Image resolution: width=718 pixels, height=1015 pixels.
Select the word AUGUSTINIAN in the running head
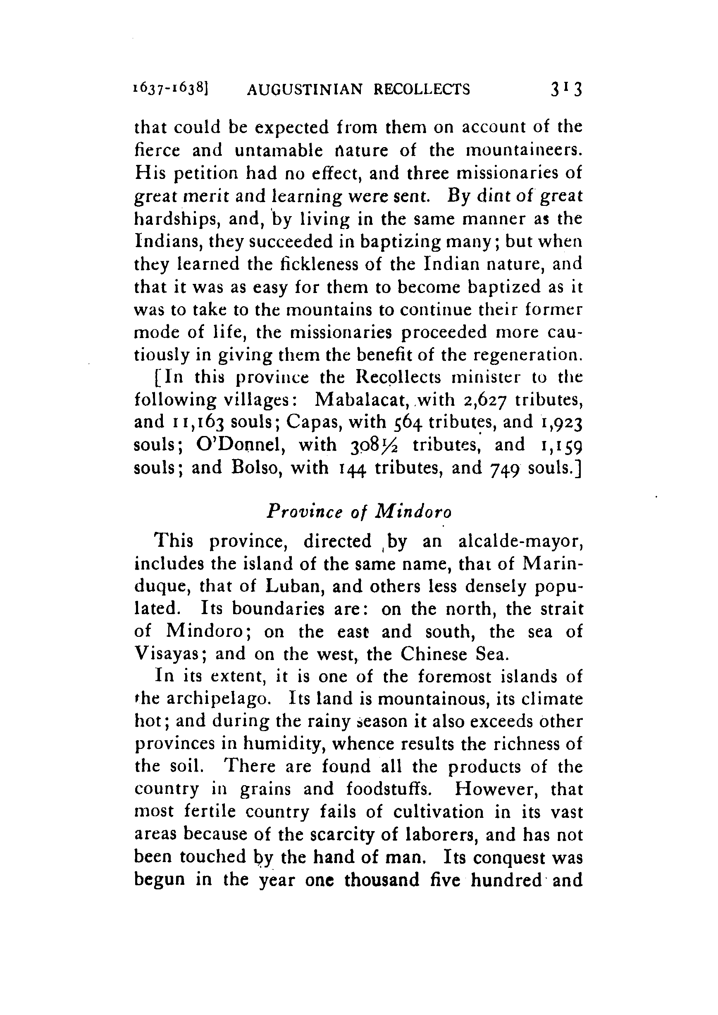pyautogui.click(x=305, y=90)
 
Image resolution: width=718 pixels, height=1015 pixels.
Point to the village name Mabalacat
pyautogui.click(x=363, y=400)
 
